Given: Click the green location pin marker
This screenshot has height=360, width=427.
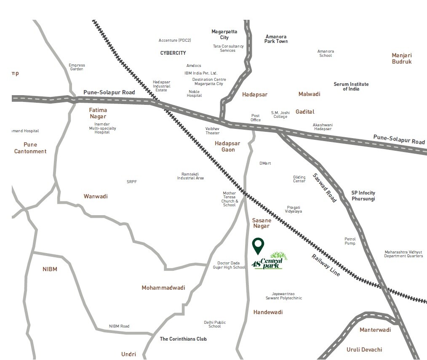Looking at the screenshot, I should (x=258, y=245).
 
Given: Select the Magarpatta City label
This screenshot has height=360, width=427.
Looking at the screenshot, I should (x=224, y=35).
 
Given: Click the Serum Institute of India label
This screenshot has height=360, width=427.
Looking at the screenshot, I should (x=351, y=87).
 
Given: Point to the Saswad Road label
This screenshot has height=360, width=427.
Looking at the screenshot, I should (x=325, y=188).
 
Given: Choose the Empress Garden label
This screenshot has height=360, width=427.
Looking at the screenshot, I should (x=77, y=67).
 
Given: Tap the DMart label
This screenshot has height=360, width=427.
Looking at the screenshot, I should (x=265, y=163).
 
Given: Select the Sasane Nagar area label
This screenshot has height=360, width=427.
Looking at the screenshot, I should (x=262, y=223).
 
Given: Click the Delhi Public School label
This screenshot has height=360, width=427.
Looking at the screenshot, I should (x=214, y=324).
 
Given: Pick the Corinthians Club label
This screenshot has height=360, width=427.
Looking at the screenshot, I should (x=183, y=339).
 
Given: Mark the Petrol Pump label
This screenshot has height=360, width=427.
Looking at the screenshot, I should (x=350, y=241).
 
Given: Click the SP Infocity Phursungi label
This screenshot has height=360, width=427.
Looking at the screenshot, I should (x=363, y=196).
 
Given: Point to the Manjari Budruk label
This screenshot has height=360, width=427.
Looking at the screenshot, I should (x=401, y=59).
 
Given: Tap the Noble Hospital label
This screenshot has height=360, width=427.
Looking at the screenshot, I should (x=194, y=93).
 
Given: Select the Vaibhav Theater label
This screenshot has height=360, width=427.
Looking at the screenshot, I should (x=212, y=131).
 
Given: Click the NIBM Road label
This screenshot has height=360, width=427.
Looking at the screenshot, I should (x=119, y=326).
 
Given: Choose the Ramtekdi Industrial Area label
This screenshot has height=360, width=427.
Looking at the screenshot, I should (x=190, y=176).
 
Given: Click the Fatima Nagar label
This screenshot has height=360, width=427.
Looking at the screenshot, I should (x=98, y=113).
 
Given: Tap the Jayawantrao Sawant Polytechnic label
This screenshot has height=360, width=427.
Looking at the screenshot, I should (x=283, y=296).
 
